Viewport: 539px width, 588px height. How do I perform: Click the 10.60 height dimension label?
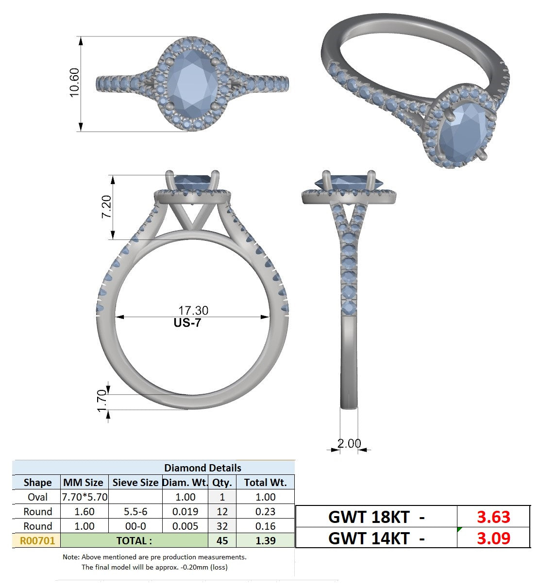(x=74, y=83)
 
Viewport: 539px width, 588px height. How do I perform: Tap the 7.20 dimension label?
(x=106, y=207)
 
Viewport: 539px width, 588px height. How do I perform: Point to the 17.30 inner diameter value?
(x=193, y=310)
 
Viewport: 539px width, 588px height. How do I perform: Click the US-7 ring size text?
(x=187, y=323)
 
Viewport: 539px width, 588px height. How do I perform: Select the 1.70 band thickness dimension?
(x=102, y=401)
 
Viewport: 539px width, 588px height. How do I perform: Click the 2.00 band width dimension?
(x=349, y=443)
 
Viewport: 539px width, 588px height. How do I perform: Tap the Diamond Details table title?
(x=202, y=468)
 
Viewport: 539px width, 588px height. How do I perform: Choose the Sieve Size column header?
(x=135, y=483)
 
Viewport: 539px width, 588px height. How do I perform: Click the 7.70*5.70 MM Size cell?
(x=84, y=497)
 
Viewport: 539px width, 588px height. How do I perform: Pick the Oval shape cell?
(x=37, y=497)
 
